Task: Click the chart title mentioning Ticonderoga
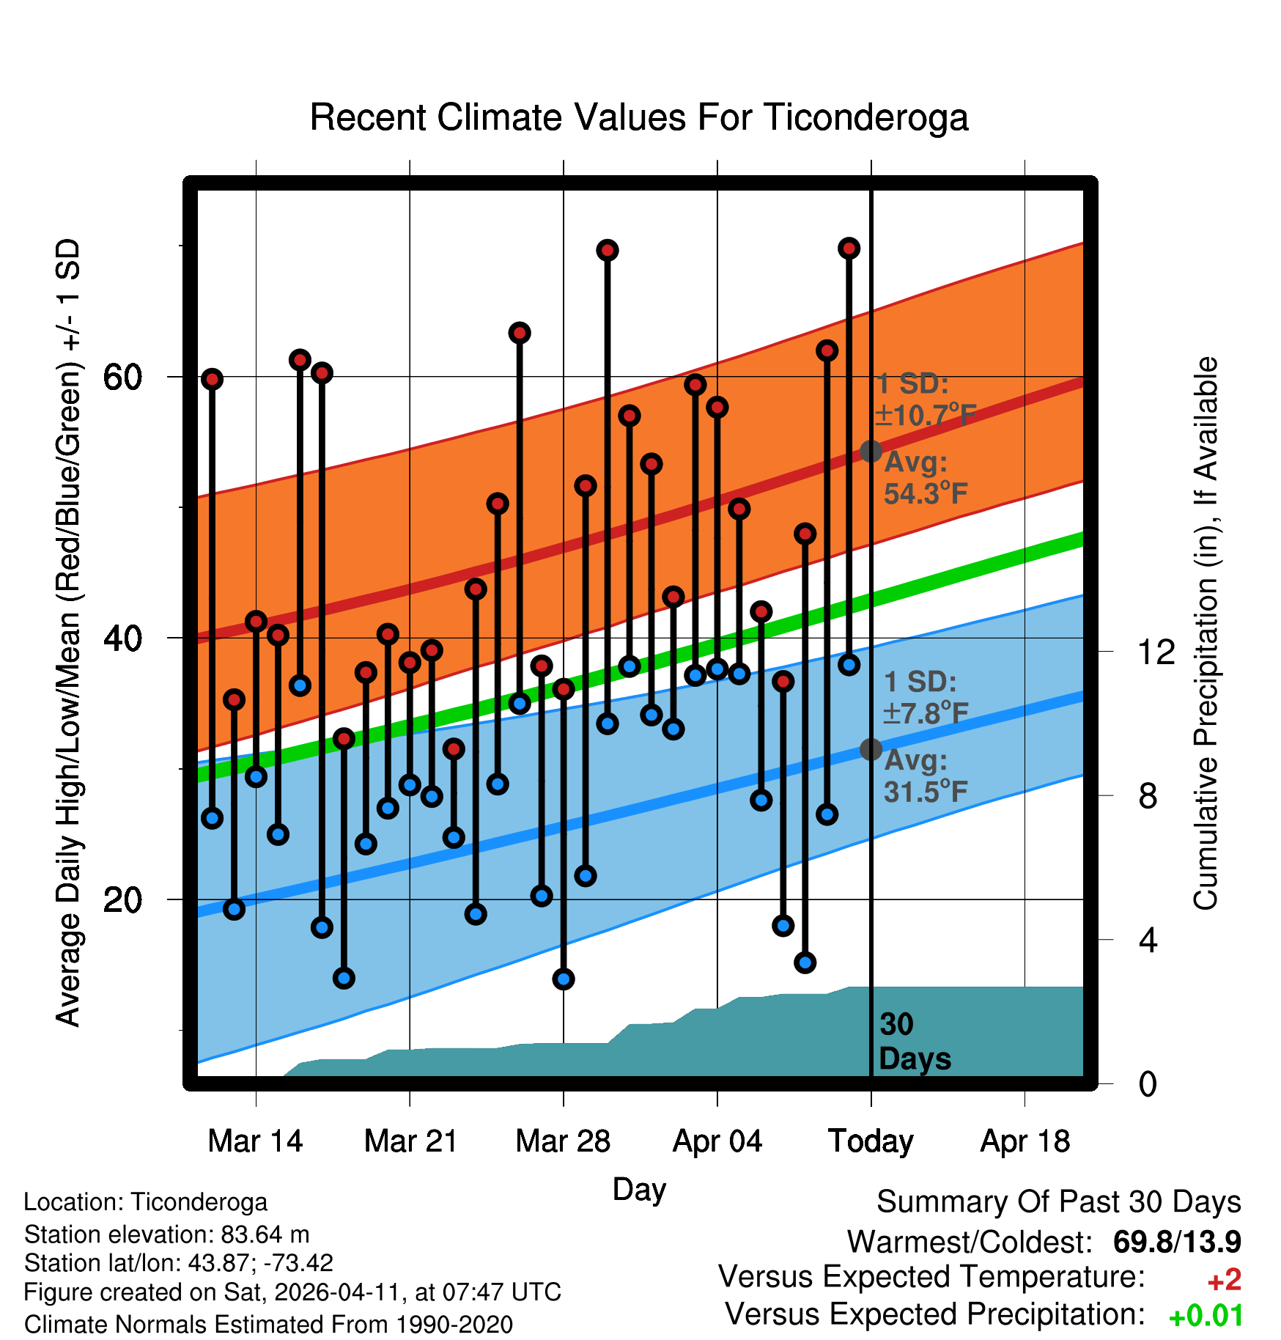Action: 639,117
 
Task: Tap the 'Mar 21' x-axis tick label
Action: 410,1141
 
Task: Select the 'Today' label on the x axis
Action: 871,1141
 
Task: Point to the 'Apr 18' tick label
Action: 1025,1141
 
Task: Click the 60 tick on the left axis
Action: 122,378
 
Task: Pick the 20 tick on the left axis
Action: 122,899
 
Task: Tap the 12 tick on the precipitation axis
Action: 1156,652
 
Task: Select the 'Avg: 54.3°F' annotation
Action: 926,478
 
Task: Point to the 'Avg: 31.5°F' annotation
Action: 926,776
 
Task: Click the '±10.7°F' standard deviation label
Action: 926,415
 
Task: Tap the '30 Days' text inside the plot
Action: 914,1042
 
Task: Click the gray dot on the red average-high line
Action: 871,451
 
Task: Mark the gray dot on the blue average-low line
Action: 871,749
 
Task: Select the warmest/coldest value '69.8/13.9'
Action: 1177,1242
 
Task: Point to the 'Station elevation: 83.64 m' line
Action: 167,1234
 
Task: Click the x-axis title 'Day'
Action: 639,1189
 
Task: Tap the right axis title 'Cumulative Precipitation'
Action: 1206,633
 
